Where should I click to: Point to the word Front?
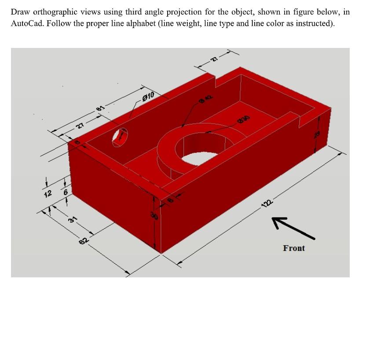pyautogui.click(x=294, y=248)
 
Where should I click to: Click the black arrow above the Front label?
pyautogui.click(x=293, y=228)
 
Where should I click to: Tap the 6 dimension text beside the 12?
pyautogui.click(x=66, y=193)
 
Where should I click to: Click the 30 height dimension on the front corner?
pyautogui.click(x=154, y=215)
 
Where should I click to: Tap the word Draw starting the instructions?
pyautogui.click(x=20, y=12)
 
